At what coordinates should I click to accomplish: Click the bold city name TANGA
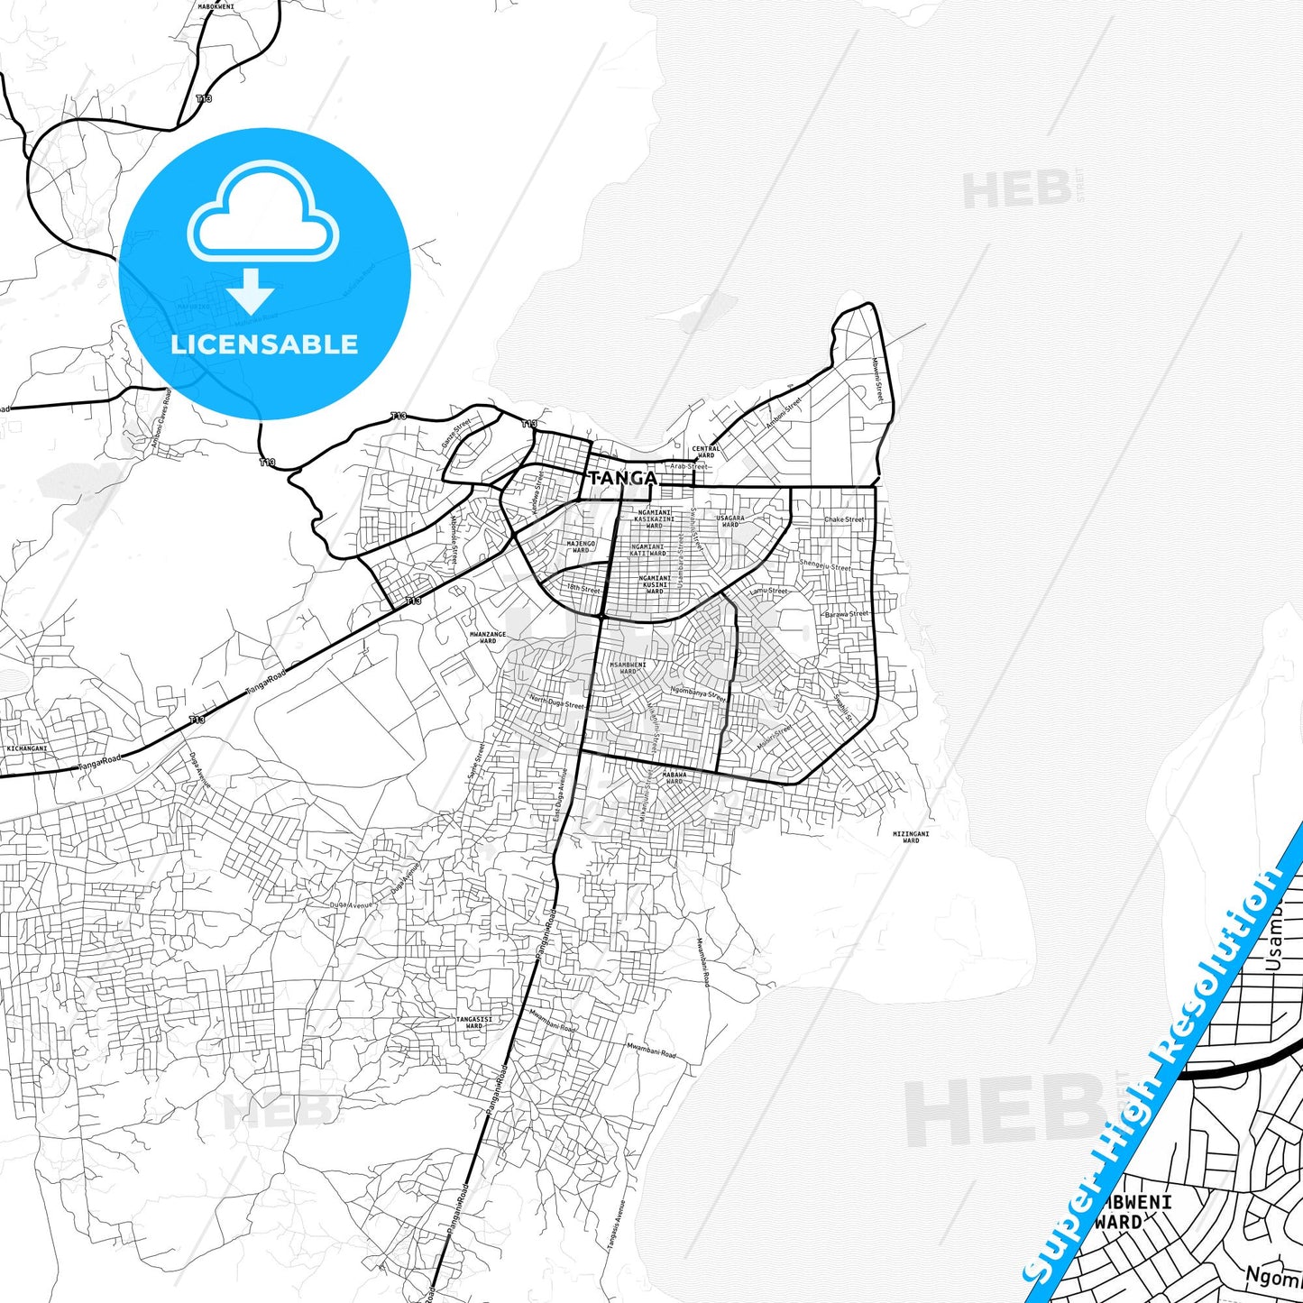pyautogui.click(x=622, y=478)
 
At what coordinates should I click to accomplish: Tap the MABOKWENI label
pyautogui.click(x=216, y=6)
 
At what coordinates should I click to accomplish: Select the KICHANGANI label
pyautogui.click(x=25, y=748)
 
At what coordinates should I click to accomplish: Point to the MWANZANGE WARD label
pyautogui.click(x=488, y=638)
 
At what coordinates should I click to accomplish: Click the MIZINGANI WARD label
pyautogui.click(x=911, y=837)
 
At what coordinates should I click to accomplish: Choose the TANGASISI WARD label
pyautogui.click(x=473, y=1022)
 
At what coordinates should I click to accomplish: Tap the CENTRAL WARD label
pyautogui.click(x=706, y=451)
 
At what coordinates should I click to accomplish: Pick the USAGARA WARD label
pyautogui.click(x=730, y=521)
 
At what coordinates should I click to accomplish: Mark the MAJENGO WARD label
pyautogui.click(x=581, y=546)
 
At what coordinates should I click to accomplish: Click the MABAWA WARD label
pyautogui.click(x=674, y=777)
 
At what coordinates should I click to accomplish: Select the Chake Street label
pyautogui.click(x=844, y=519)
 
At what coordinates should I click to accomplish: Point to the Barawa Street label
pyautogui.click(x=846, y=614)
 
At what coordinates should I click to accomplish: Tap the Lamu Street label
pyautogui.click(x=768, y=592)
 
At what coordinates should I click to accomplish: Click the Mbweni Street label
pyautogui.click(x=877, y=379)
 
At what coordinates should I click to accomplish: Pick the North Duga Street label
pyautogui.click(x=556, y=702)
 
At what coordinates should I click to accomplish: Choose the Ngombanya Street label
pyautogui.click(x=697, y=693)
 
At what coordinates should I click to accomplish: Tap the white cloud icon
pyautogui.click(x=263, y=212)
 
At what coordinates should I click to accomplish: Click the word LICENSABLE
pyautogui.click(x=264, y=344)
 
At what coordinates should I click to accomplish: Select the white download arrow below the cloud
pyautogui.click(x=250, y=290)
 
